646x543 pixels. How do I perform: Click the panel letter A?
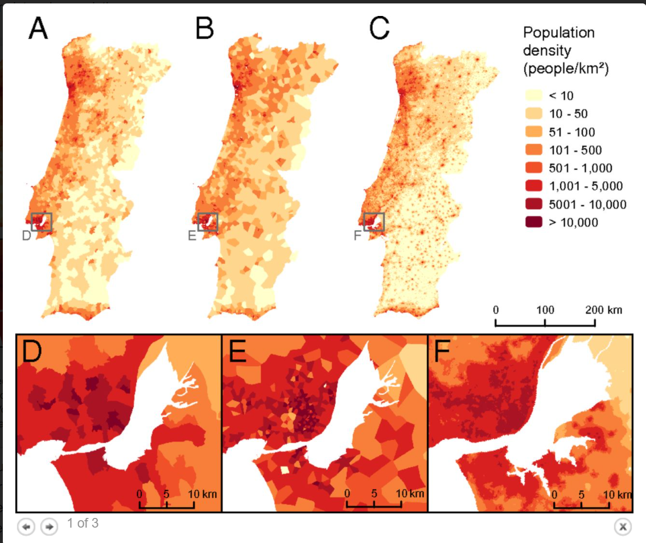pos(38,29)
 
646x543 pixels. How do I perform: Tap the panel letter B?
pos(204,29)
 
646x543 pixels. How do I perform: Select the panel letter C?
pos(380,29)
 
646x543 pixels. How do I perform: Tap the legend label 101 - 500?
pos(575,150)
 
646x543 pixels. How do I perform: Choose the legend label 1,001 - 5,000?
pos(585,186)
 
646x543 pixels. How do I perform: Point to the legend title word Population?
pos(558,32)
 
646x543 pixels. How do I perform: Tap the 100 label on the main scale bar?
pos(545,310)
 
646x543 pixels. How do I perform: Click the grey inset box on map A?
pos(42,222)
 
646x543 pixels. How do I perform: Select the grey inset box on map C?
pos(374,222)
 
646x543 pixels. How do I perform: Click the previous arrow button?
pos(25,526)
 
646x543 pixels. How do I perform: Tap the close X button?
pos(623,526)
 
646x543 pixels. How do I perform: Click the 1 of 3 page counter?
pos(83,522)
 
